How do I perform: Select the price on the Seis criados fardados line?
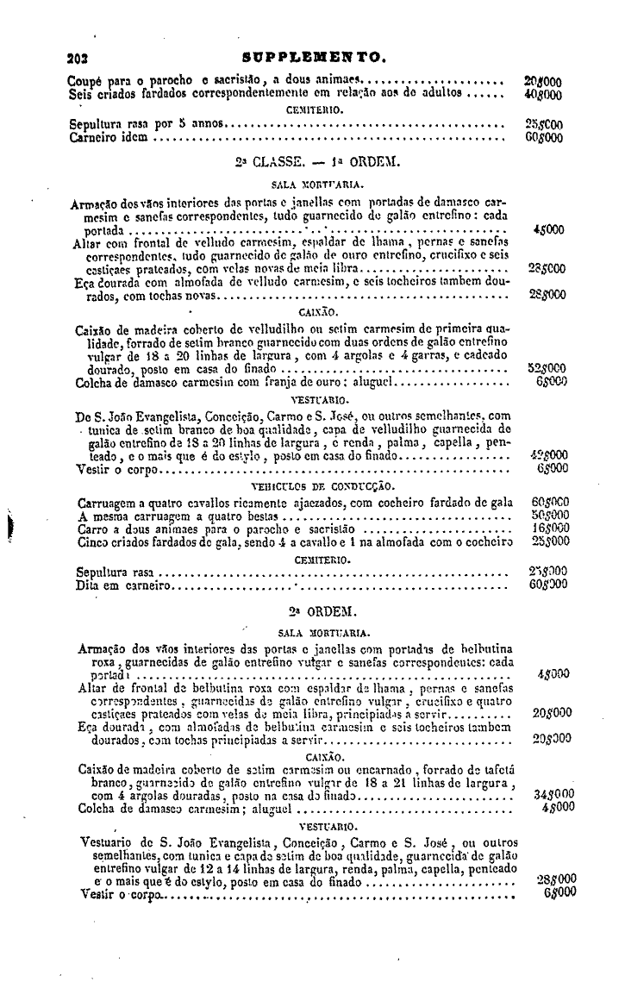tap(543, 92)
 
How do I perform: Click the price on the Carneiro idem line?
tap(545, 137)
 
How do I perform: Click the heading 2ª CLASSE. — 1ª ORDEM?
tap(312, 161)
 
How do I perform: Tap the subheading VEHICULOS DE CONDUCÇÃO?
tap(312, 486)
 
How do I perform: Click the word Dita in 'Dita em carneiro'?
tap(82, 585)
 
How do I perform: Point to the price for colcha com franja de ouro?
tap(548, 381)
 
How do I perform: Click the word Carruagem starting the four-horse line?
tap(99, 503)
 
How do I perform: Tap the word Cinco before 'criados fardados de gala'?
tap(85, 541)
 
